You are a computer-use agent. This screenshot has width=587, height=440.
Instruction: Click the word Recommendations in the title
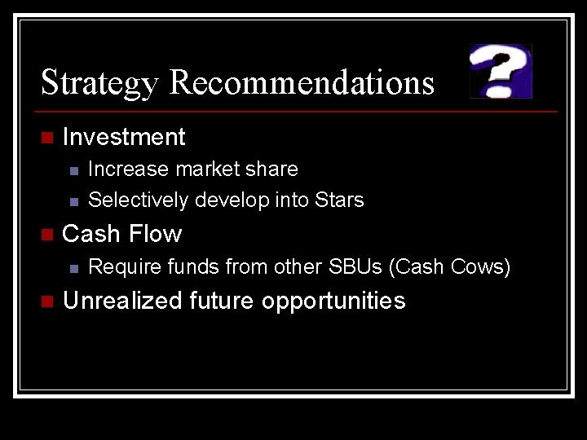pyautogui.click(x=302, y=82)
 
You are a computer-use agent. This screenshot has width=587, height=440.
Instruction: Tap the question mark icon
pyautogui.click(x=501, y=71)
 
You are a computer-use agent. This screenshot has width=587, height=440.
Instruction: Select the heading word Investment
pyautogui.click(x=124, y=137)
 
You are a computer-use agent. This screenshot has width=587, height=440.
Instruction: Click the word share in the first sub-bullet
pyautogui.click(x=271, y=169)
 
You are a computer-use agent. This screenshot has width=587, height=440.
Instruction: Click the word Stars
pyautogui.click(x=340, y=200)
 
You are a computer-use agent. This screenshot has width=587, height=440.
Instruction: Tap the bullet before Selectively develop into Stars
pyautogui.click(x=73, y=200)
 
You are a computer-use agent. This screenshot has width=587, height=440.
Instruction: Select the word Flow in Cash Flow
pyautogui.click(x=156, y=234)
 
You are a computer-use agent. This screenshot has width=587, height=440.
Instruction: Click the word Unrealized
pyautogui.click(x=122, y=301)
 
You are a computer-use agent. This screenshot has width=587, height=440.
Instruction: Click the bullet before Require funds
pyautogui.click(x=73, y=268)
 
